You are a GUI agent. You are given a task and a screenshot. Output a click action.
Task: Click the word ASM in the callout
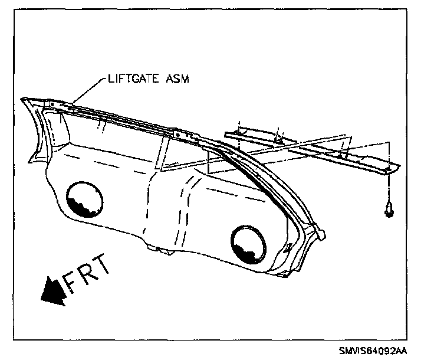(175, 78)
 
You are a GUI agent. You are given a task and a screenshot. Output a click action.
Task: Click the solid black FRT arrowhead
(51, 293)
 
